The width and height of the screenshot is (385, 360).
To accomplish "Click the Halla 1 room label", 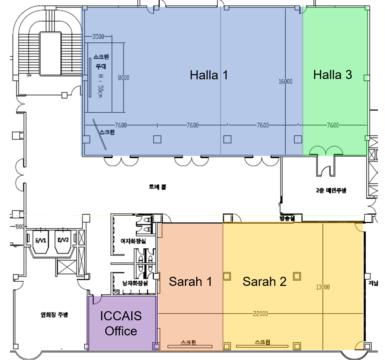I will [x=209, y=75].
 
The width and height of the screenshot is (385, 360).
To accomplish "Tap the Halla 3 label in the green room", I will [x=332, y=75].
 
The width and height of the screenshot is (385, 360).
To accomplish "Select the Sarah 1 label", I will [x=190, y=281].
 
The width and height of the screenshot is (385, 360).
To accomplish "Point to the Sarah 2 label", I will [x=264, y=281].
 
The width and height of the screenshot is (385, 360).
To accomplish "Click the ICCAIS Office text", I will [x=121, y=323].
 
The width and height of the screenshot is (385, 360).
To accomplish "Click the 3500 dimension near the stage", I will [x=98, y=36].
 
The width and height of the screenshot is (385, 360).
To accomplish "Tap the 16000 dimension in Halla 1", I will [x=285, y=81].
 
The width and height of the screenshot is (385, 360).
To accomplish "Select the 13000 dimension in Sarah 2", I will [x=323, y=287].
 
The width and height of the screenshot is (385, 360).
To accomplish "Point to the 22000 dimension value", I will [x=260, y=314].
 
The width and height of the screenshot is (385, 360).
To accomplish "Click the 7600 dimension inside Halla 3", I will [x=332, y=125].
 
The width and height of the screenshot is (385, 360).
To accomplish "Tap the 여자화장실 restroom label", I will [x=133, y=241].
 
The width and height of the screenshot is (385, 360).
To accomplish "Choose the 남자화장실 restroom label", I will [x=135, y=283].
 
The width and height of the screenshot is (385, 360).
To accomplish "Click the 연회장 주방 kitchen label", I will [x=54, y=315].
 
